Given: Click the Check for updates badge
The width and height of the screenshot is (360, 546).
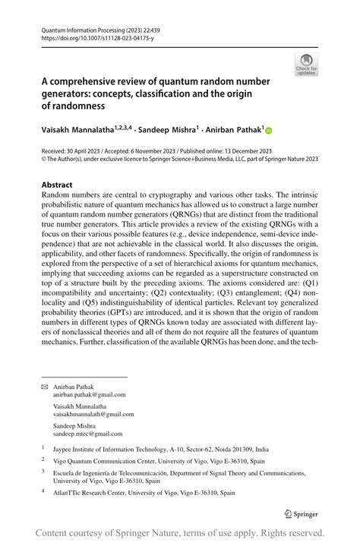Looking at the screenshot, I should pos(307,64).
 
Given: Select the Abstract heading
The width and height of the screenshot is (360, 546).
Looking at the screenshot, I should pos(57,185).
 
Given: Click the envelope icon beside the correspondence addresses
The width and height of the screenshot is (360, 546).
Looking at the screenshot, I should pos(45,387).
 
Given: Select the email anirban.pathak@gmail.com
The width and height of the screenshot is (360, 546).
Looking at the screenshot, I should pos(90,395).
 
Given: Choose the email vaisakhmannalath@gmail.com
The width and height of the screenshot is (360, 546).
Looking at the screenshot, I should pos(93,414).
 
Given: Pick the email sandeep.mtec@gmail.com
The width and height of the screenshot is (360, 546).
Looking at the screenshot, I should pos(87,434).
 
